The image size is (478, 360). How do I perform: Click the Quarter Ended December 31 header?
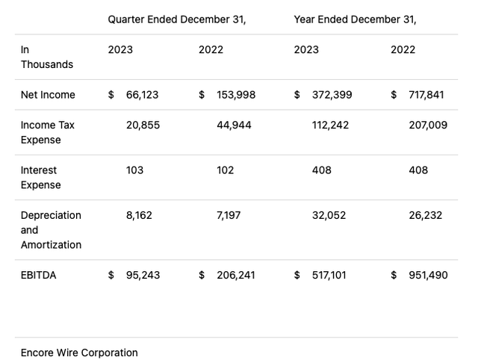176,19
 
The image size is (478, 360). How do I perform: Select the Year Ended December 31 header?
355,19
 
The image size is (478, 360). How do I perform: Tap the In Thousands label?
46,57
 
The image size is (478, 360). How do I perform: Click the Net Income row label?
48,95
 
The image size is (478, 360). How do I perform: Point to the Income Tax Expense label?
48,132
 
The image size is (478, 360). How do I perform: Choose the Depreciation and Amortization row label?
51,230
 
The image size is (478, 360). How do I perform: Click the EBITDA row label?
38,275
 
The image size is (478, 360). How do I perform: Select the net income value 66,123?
142,95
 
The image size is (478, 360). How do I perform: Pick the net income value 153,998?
236,95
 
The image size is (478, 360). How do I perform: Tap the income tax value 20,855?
143,125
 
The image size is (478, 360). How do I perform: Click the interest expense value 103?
134,170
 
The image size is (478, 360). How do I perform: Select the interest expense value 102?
225,170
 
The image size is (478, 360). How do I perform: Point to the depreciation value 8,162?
139,214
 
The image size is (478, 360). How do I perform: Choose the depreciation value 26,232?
425,214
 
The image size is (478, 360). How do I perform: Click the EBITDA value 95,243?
142,275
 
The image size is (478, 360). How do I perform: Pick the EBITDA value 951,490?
428,275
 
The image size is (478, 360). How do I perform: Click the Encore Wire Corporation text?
79,353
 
